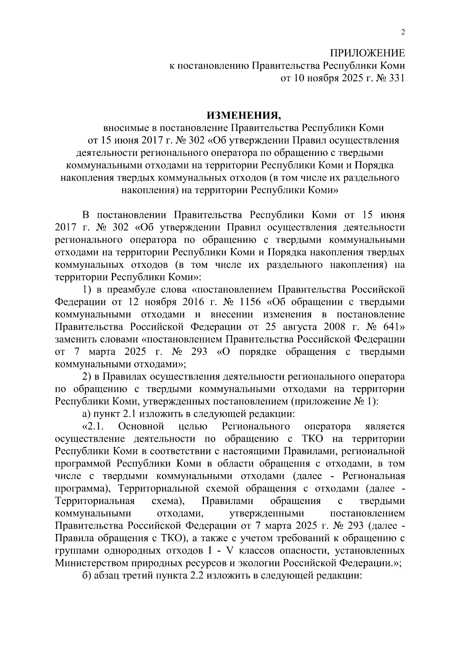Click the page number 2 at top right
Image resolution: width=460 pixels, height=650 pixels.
(x=402, y=32)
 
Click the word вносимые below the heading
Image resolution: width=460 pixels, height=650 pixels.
(x=124, y=128)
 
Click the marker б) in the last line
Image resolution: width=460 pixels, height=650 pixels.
(x=87, y=576)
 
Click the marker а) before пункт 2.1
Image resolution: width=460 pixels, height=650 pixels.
(x=87, y=414)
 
